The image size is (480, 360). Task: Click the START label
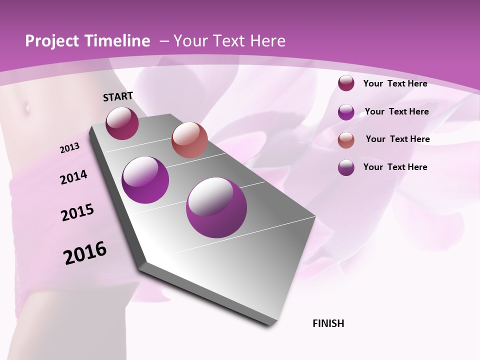[x=118, y=96]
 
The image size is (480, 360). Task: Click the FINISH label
[x=328, y=323]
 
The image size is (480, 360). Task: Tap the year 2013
[x=69, y=148]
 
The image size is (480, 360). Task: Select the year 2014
[x=73, y=177]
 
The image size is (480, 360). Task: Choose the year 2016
[x=85, y=253]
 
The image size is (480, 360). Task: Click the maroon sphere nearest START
[x=122, y=123]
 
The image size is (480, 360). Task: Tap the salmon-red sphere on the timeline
[x=189, y=140]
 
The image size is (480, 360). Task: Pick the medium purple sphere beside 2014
[x=145, y=180]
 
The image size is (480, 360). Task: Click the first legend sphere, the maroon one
[x=346, y=83]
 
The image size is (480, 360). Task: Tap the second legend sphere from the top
[x=346, y=112]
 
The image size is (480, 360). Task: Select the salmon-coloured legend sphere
[x=346, y=140]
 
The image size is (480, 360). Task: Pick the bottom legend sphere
[x=346, y=167]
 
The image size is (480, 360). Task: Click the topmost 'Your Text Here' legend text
[x=395, y=83]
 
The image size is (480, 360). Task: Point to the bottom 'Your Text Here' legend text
[x=395, y=167]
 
